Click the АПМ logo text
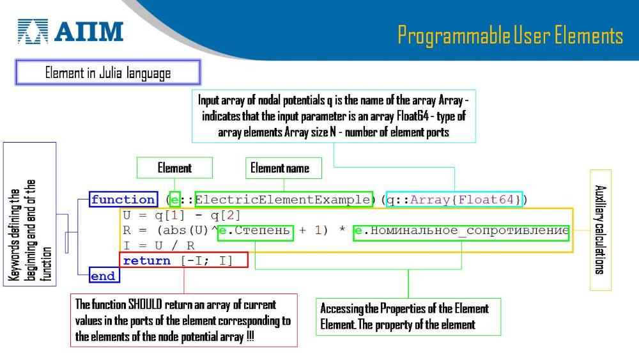tap(89, 32)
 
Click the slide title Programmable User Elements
tap(510, 35)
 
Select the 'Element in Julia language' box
tap(108, 72)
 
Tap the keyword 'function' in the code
tap(123, 200)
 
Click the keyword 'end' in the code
tap(103, 276)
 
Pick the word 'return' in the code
tap(147, 260)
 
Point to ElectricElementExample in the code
tap(283, 200)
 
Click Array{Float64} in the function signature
tap(465, 200)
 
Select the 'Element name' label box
tap(284, 168)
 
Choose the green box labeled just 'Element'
tap(174, 168)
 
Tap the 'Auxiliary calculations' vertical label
tap(600, 230)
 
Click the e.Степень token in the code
tap(255, 231)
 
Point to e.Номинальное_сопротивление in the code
tap(461, 231)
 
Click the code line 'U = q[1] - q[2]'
tap(181, 215)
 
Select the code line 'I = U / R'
tap(159, 246)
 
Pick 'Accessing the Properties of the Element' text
tap(404, 309)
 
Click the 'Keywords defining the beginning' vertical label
tap(14, 235)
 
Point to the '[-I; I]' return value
tap(207, 260)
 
